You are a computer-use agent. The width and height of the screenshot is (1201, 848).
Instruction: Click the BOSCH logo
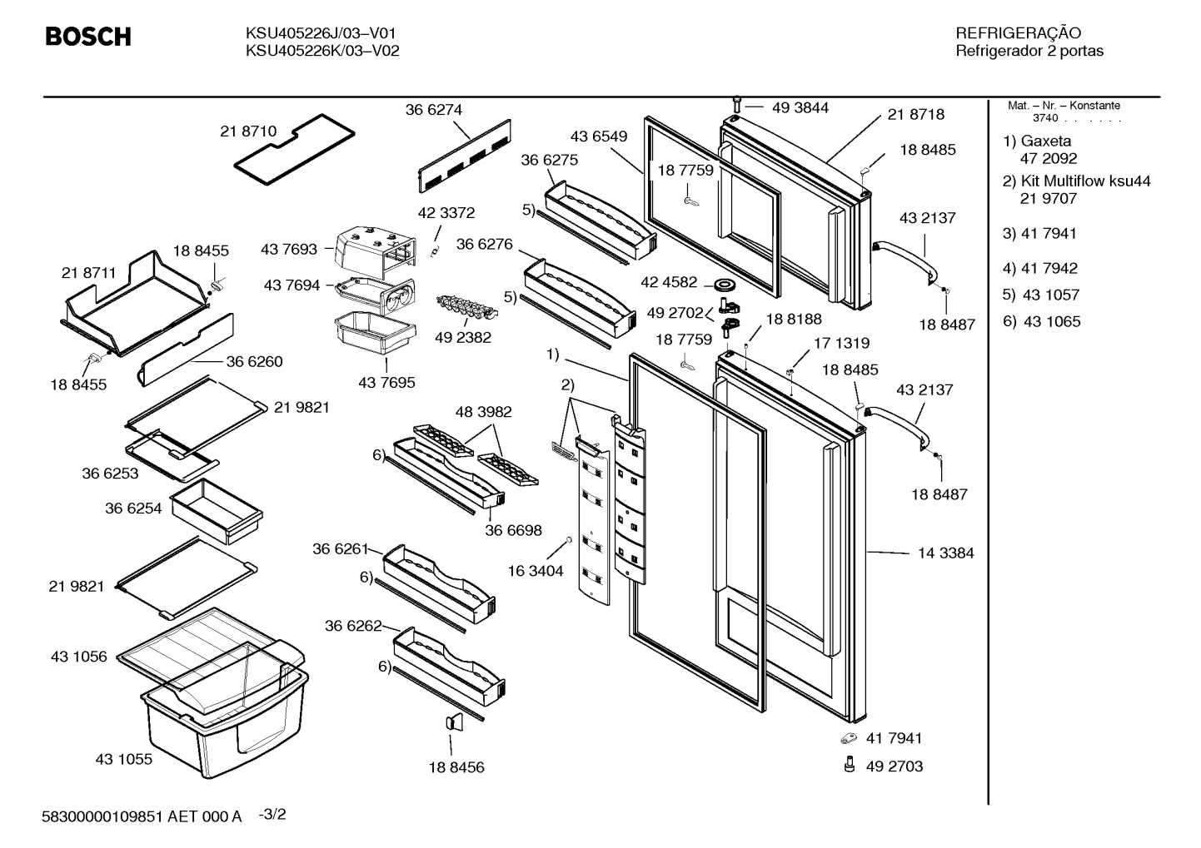click(x=88, y=37)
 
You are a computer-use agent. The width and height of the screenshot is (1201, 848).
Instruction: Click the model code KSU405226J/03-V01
click(x=321, y=33)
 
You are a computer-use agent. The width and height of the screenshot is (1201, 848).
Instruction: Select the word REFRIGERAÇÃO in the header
click(x=1018, y=32)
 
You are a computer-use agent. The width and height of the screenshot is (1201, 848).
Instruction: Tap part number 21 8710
click(x=248, y=131)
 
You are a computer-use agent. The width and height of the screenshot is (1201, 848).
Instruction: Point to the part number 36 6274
click(x=433, y=110)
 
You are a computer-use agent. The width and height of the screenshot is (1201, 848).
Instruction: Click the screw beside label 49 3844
click(x=736, y=105)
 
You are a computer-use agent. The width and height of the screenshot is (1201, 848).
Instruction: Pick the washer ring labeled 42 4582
click(x=725, y=283)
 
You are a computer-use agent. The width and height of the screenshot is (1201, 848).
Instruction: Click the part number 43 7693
click(x=289, y=249)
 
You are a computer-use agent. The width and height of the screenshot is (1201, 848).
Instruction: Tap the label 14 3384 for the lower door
click(x=946, y=553)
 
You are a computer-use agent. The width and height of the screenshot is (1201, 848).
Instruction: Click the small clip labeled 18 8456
click(x=454, y=722)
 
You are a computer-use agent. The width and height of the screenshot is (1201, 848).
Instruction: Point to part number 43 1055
click(x=124, y=759)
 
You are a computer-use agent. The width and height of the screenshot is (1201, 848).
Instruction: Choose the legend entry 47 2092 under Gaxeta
click(x=1049, y=159)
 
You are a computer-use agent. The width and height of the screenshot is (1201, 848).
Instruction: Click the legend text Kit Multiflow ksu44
click(x=1086, y=181)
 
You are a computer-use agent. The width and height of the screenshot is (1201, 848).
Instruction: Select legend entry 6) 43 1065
click(x=1041, y=321)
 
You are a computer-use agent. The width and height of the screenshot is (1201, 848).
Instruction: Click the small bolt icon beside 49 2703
click(x=849, y=765)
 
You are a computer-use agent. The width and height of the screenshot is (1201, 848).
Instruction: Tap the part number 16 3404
click(x=536, y=571)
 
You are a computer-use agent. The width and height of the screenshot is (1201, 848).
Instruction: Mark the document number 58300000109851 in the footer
click(x=102, y=816)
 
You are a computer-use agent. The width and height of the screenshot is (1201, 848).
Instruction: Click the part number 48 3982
click(x=484, y=412)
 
